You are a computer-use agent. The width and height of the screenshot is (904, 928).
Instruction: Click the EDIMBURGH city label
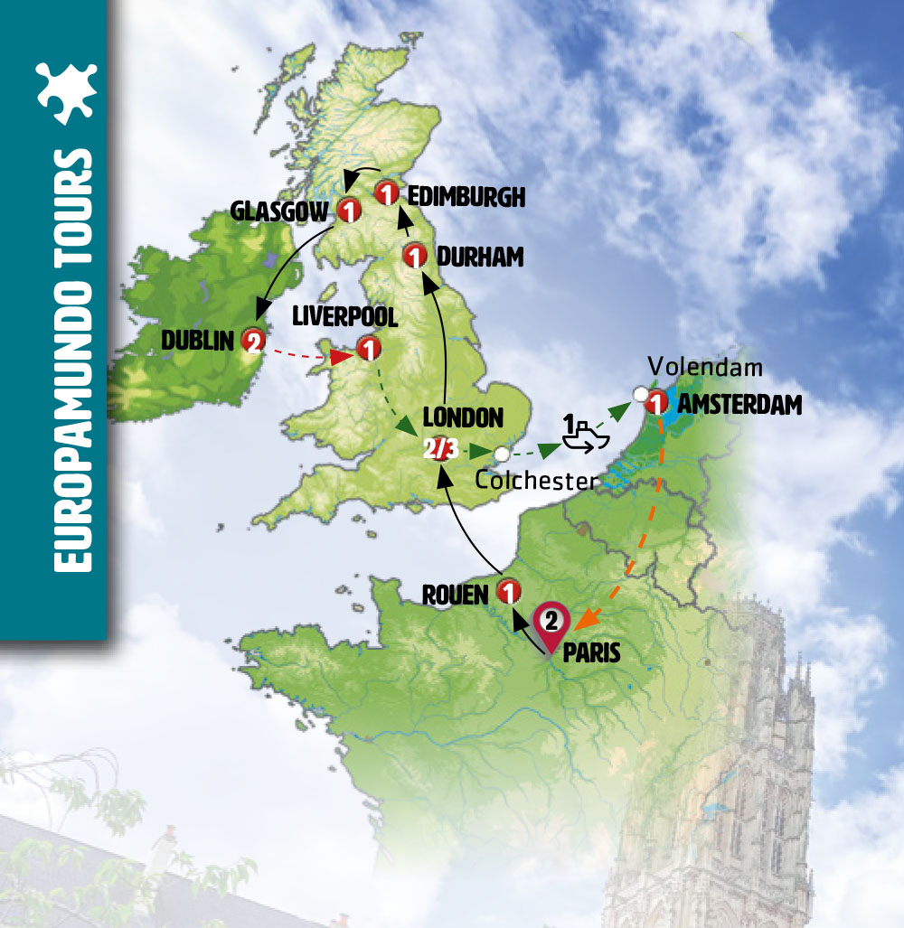[466, 197]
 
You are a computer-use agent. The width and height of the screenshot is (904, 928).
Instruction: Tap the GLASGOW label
[281, 211]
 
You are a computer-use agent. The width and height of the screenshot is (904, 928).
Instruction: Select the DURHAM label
[479, 258]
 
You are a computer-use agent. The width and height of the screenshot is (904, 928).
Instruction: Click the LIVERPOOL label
[334, 317]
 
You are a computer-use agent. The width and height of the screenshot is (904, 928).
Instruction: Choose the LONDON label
[462, 417]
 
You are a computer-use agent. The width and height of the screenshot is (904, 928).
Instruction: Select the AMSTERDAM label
[739, 406]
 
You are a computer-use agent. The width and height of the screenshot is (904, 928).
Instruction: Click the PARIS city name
[591, 652]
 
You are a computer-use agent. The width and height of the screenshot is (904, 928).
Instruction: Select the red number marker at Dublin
[252, 341]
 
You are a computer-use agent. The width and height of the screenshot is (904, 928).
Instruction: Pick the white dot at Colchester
[502, 454]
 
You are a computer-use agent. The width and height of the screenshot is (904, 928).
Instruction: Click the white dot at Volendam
[641, 394]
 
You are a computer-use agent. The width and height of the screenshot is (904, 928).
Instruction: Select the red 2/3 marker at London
[443, 448]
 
